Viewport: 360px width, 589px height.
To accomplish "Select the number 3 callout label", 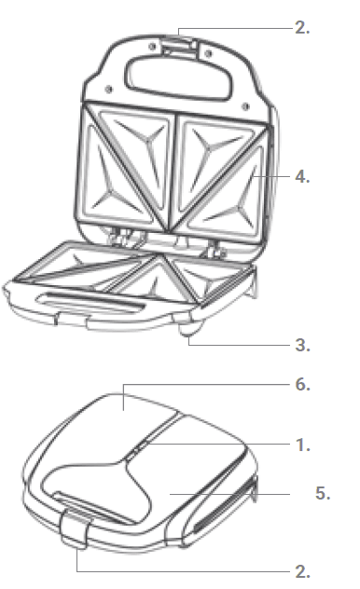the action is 302,345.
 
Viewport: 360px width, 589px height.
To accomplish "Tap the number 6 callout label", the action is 302,383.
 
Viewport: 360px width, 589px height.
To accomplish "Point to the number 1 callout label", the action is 302,445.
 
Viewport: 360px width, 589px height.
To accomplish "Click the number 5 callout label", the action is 323,494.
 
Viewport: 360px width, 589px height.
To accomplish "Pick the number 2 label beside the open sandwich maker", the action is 302,28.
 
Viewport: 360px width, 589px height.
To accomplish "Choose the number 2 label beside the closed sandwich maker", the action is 302,570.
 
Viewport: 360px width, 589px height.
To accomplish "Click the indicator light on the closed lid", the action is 137,450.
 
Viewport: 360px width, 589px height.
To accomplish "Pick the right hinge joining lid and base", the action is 214,244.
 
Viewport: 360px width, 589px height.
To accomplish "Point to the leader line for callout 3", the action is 242,345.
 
